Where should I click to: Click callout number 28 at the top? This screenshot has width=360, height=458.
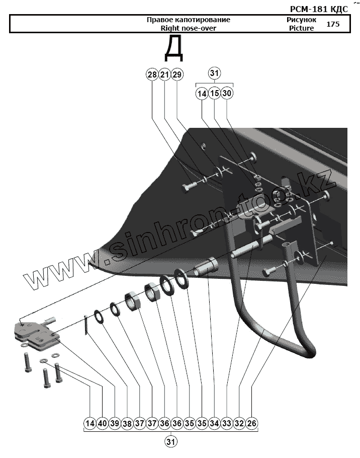coord(152,74)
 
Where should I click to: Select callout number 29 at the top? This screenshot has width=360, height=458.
coord(177,74)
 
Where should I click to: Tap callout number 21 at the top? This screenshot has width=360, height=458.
coord(164,74)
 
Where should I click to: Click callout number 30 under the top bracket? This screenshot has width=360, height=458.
coord(227,93)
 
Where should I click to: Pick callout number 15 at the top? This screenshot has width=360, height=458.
coord(214,93)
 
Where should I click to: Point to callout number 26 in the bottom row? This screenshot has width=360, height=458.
coord(252,424)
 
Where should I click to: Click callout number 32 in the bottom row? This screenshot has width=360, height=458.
coord(239,424)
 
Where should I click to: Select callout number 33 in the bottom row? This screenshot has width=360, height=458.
coord(227,424)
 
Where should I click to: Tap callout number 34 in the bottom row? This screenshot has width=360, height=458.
coord(215,424)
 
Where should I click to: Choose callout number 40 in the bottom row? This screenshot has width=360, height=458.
coord(102,424)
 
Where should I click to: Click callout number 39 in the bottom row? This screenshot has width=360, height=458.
coord(115,424)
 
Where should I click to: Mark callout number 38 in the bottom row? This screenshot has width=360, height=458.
coord(127,424)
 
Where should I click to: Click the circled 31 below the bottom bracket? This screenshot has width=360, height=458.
coord(171,442)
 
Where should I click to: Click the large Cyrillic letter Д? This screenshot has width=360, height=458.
coord(173,48)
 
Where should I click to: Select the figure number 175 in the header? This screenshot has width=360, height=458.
coord(333,24)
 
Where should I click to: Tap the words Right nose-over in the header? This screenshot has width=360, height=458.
coord(188,28)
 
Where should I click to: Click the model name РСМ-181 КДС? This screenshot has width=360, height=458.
coord(319,9)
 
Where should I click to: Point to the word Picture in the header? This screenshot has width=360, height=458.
coord(301,28)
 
